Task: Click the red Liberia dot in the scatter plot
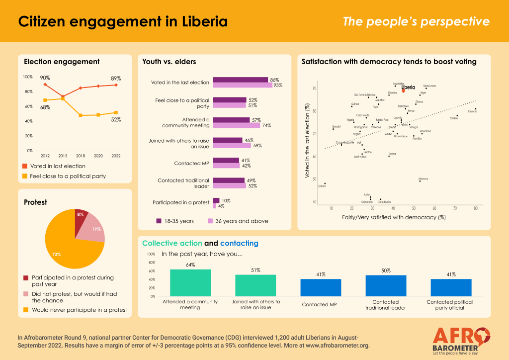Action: [403, 91]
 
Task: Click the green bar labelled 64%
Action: [190, 283]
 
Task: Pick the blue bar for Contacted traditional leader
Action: [386, 285]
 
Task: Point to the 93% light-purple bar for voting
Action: [243, 85]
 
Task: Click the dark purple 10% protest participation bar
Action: [216, 200]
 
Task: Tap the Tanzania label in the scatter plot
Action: [472, 111]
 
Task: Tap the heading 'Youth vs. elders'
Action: [169, 62]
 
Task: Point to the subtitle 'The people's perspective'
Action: [416, 22]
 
